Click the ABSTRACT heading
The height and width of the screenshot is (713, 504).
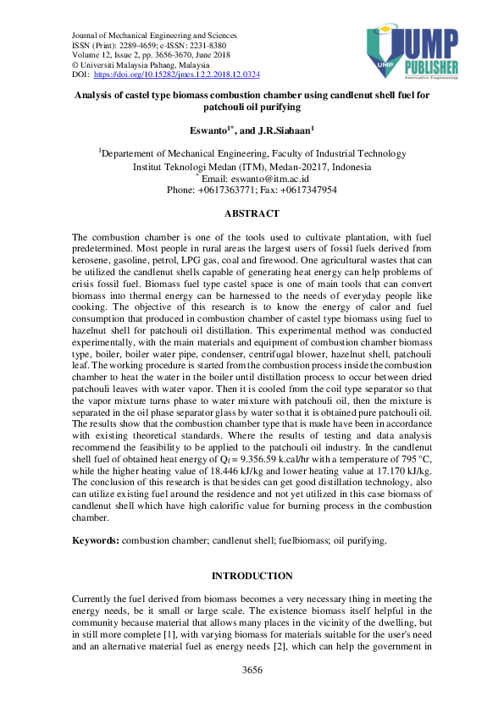pos(252,215)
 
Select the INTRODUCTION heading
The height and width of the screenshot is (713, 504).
pos(252,576)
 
